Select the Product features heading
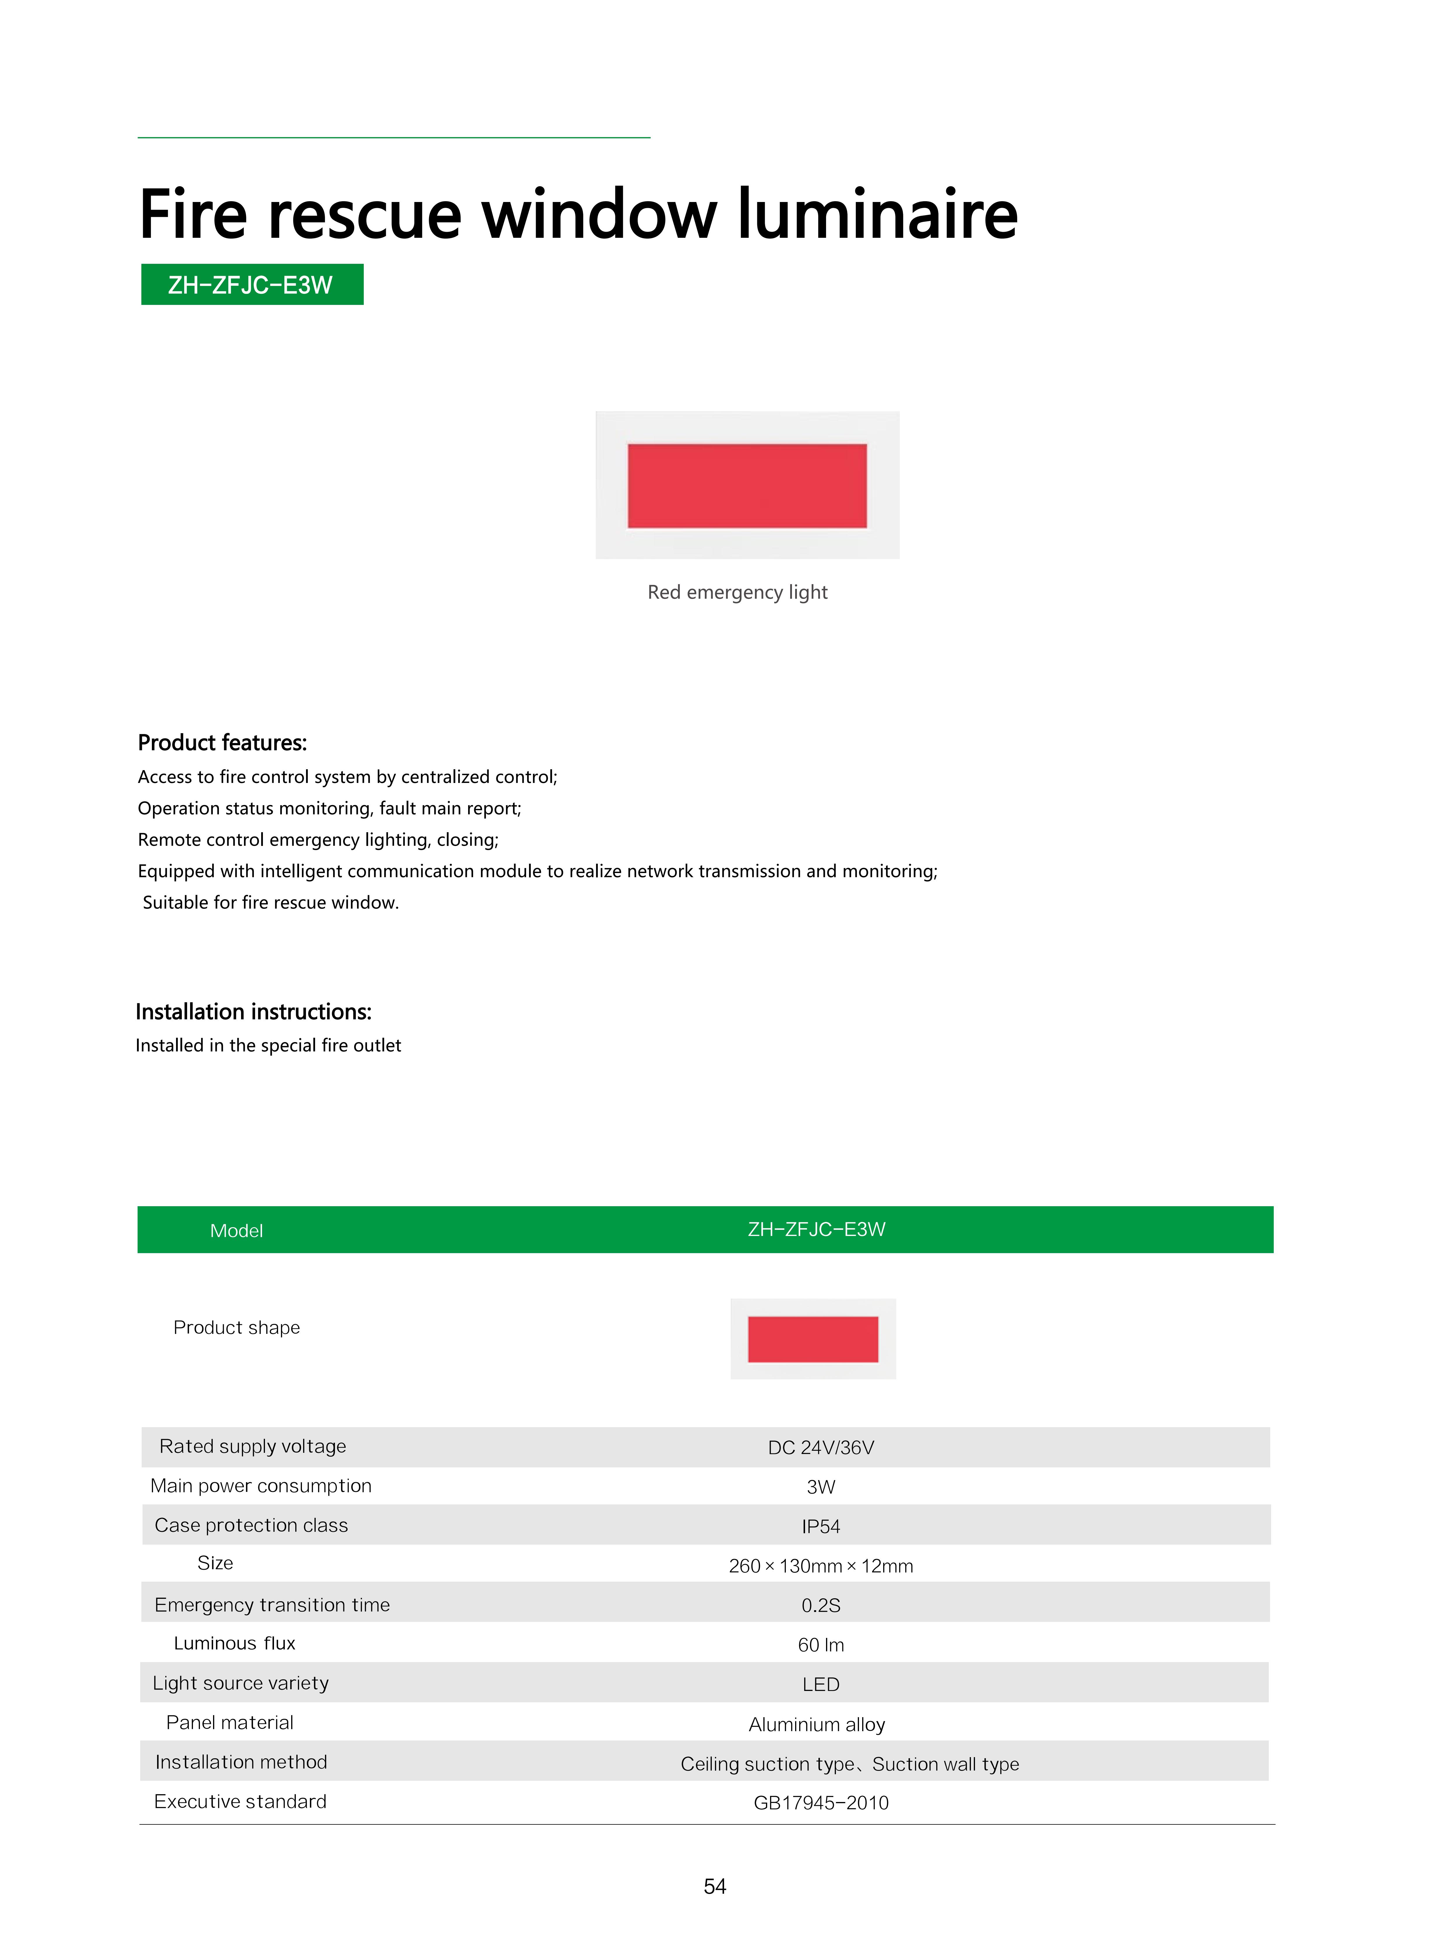[x=222, y=743]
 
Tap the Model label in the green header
[x=236, y=1231]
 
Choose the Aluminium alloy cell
[x=817, y=1724]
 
